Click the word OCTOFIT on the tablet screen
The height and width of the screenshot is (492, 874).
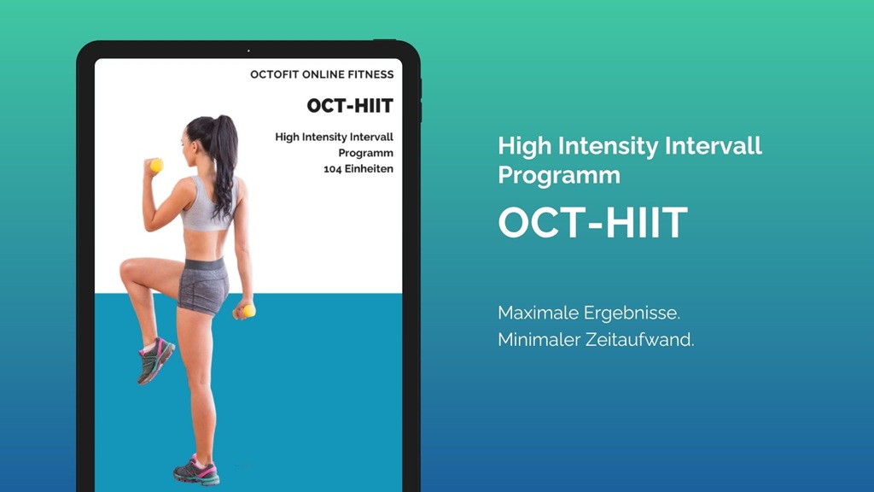click(274, 75)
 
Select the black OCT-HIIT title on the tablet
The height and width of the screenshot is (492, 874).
click(350, 105)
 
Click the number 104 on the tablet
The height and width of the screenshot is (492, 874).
click(332, 169)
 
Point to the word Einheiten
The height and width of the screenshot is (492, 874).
click(369, 168)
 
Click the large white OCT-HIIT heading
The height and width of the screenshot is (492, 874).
click(593, 223)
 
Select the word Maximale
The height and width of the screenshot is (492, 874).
click(538, 313)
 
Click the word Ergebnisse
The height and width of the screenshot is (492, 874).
click(632, 313)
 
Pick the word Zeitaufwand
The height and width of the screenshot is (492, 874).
click(640, 340)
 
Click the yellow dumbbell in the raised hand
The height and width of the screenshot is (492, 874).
click(157, 165)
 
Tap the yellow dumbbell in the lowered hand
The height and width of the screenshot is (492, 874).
click(248, 311)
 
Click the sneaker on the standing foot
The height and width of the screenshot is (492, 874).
click(197, 471)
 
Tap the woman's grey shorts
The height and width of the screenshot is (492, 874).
click(203, 285)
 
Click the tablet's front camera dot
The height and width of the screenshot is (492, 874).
click(248, 50)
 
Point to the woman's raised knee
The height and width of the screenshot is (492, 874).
click(127, 269)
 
